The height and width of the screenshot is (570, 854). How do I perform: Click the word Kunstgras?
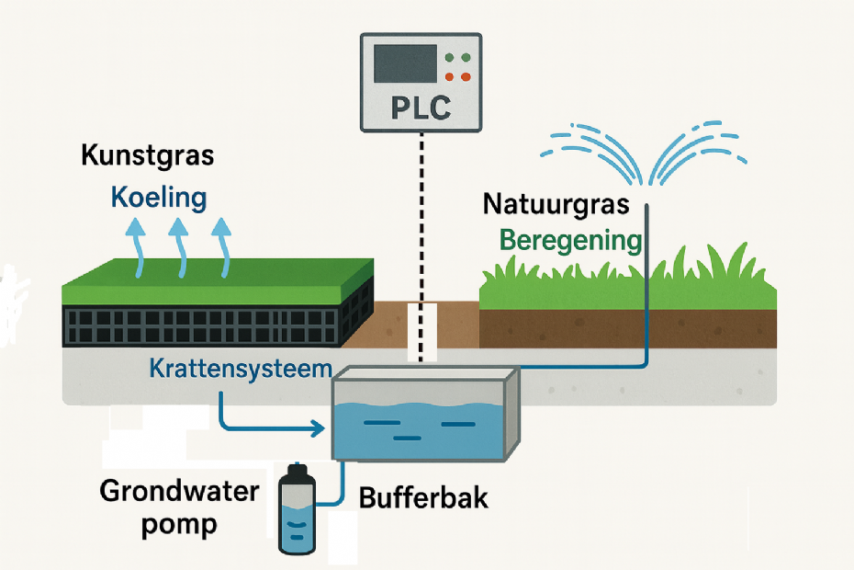(x=147, y=155)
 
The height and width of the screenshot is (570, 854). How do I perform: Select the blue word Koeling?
(x=159, y=197)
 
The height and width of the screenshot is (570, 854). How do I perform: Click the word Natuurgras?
(x=556, y=203)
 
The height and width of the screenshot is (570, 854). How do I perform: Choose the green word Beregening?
(x=569, y=241)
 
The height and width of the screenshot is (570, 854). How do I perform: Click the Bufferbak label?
(x=423, y=500)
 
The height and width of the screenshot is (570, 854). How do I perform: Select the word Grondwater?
(x=179, y=491)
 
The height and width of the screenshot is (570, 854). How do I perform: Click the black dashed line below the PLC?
(x=421, y=230)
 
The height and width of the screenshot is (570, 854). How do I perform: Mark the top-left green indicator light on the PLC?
(x=449, y=58)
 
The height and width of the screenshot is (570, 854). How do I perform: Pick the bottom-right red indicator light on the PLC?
(x=466, y=77)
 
